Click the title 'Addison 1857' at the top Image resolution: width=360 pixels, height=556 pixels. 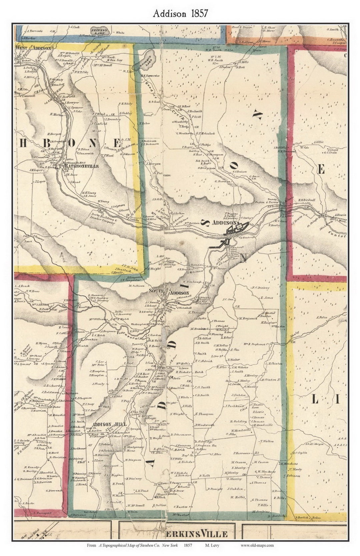pos(180,13)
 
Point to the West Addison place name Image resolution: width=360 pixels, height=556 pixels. pos(33,48)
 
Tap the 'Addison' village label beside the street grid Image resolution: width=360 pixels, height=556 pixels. pos(224,223)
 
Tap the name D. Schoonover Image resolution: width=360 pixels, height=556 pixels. pos(181,434)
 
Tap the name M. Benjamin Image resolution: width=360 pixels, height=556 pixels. pos(247,318)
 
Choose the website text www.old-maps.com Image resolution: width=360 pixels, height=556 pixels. pos(257,545)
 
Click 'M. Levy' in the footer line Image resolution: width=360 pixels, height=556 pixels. pos(212,545)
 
